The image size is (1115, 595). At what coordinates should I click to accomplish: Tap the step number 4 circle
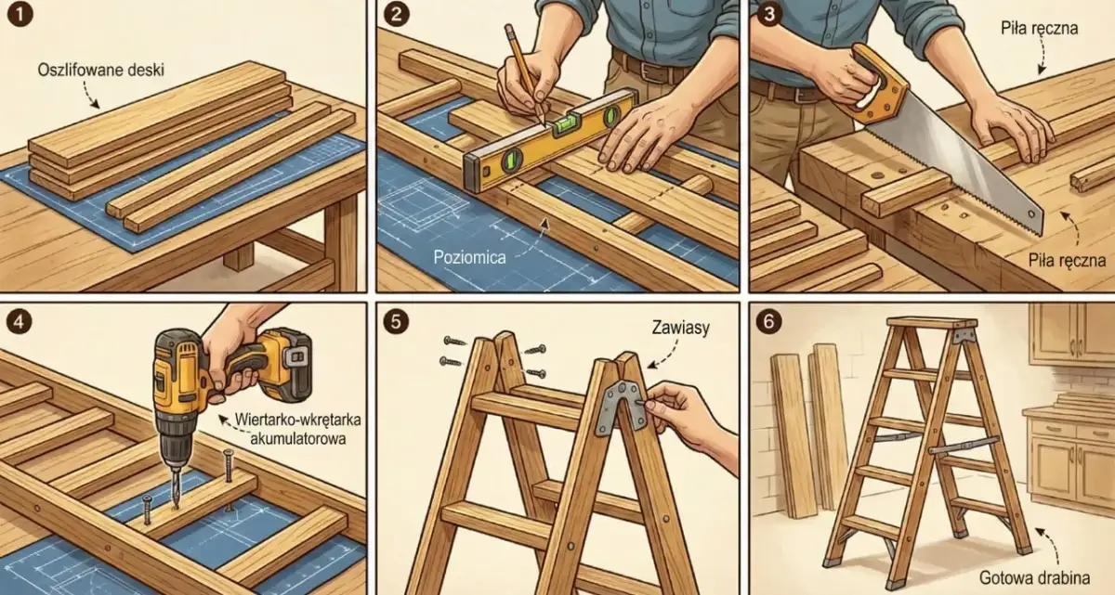pyautogui.click(x=19, y=321)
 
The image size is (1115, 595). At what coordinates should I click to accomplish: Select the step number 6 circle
pyautogui.click(x=768, y=321)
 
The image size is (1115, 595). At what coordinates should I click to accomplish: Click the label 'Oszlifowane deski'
pyautogui.click(x=101, y=71)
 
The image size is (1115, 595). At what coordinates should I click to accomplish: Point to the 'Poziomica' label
pyautogui.click(x=469, y=257)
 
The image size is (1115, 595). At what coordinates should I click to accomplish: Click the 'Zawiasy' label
pyautogui.click(x=680, y=328)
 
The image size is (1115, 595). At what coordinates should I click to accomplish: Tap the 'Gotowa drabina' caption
pyautogui.click(x=1035, y=578)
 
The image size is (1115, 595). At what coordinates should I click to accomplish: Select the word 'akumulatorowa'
pyautogui.click(x=297, y=439)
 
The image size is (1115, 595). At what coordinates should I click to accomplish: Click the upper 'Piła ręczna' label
pyautogui.click(x=1040, y=29)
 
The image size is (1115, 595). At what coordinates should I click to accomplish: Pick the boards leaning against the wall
pyautogui.click(x=809, y=430)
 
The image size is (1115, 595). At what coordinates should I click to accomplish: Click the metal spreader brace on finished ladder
pyautogui.click(x=964, y=445)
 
